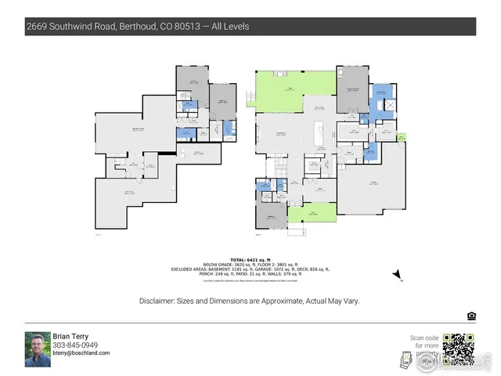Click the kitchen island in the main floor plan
pos(319,134)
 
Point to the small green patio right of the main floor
pos(402,139)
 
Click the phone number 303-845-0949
pos(75,345)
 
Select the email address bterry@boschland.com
pos(81,353)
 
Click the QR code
pos(458,349)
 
